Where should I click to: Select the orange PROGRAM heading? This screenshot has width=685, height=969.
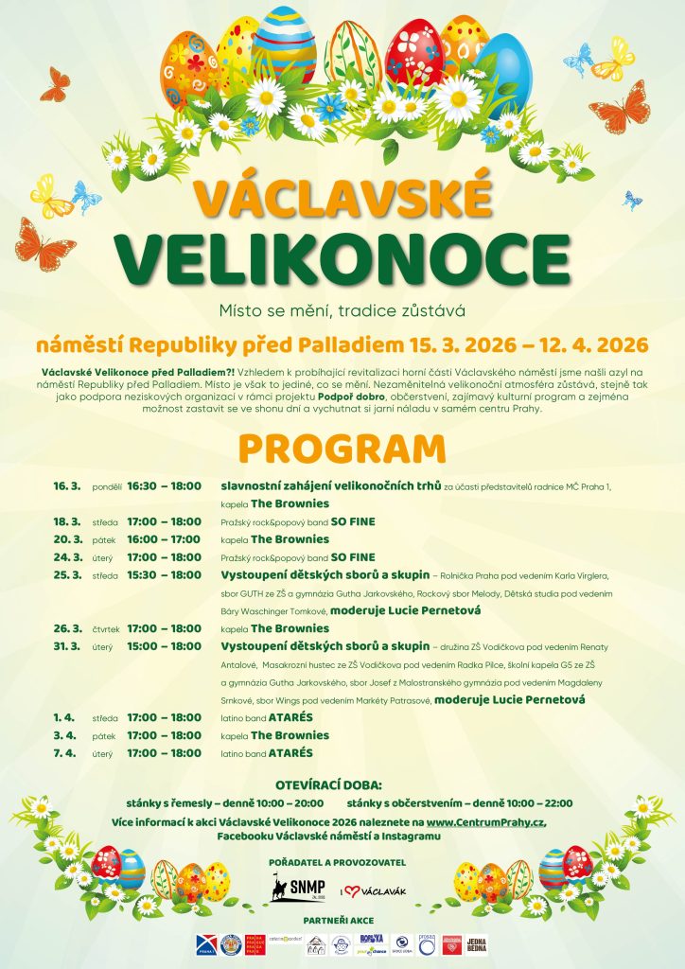click(342, 448)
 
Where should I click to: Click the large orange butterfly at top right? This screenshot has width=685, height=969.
click(622, 111)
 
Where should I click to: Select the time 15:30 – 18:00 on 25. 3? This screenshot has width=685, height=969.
click(165, 575)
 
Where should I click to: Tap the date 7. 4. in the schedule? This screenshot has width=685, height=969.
click(66, 753)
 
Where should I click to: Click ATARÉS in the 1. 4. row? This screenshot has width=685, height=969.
click(291, 717)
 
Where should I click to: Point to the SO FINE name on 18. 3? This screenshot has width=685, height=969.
click(353, 521)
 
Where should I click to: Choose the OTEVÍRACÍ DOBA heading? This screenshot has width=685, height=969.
click(342, 785)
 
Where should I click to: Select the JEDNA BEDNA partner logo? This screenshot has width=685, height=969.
click(476, 944)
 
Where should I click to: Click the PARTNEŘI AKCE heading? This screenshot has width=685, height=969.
click(342, 920)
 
